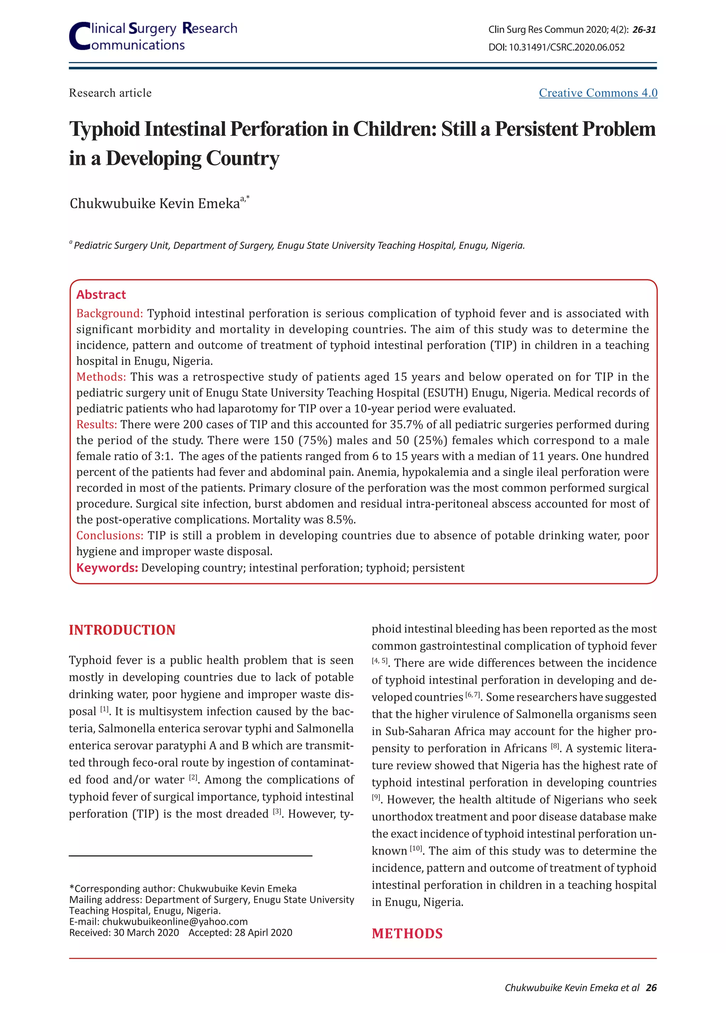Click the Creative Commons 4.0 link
[598, 93]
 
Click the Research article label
[110, 93]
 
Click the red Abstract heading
[101, 294]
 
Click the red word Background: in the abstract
[110, 313]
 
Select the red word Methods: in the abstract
[101, 377]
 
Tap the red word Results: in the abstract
[96, 424]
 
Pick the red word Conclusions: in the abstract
[110, 535]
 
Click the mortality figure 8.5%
[341, 520]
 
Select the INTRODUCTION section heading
[122, 630]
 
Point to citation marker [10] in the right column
[416, 849]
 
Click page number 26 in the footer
[651, 988]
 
